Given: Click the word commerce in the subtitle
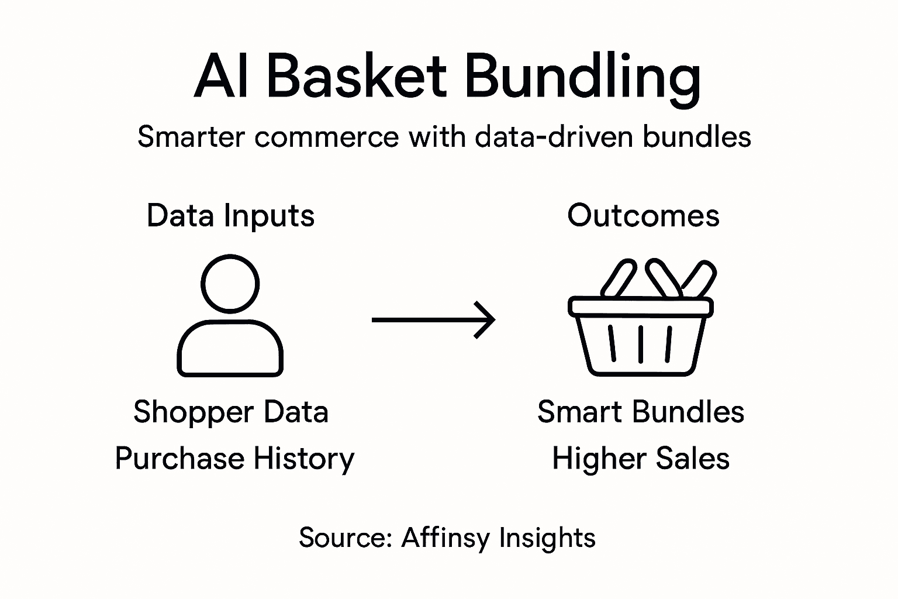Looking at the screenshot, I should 326,137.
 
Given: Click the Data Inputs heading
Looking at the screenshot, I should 230,215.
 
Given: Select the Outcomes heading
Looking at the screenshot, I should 643,215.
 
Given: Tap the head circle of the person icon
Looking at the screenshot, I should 230,284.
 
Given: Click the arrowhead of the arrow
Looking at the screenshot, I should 489,319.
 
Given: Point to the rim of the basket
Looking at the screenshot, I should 640,307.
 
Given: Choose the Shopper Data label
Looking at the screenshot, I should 230,412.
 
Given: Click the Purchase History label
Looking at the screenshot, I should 234,458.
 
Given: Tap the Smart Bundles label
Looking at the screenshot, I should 640,412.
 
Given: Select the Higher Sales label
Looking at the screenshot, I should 640,458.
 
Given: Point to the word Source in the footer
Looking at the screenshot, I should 344,538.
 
